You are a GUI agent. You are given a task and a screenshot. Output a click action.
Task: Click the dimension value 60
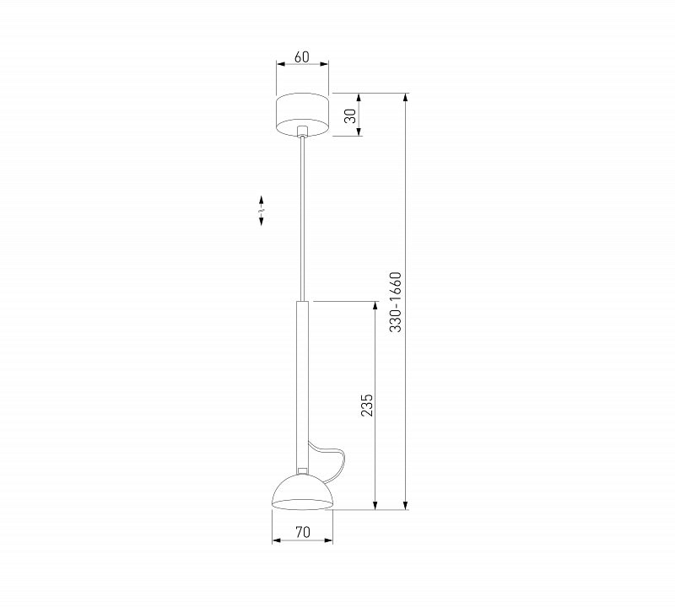(302, 56)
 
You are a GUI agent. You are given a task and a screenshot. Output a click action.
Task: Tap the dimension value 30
(351, 115)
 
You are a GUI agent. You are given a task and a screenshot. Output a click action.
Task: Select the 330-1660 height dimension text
(396, 302)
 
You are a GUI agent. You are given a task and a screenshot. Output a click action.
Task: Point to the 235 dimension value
(366, 405)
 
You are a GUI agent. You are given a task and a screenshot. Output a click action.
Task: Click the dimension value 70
(303, 532)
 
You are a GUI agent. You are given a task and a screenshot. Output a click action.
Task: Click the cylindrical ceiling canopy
(302, 115)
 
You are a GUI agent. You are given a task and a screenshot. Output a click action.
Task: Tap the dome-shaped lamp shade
(302, 492)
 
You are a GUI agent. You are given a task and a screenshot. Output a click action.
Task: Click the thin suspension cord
(303, 218)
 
